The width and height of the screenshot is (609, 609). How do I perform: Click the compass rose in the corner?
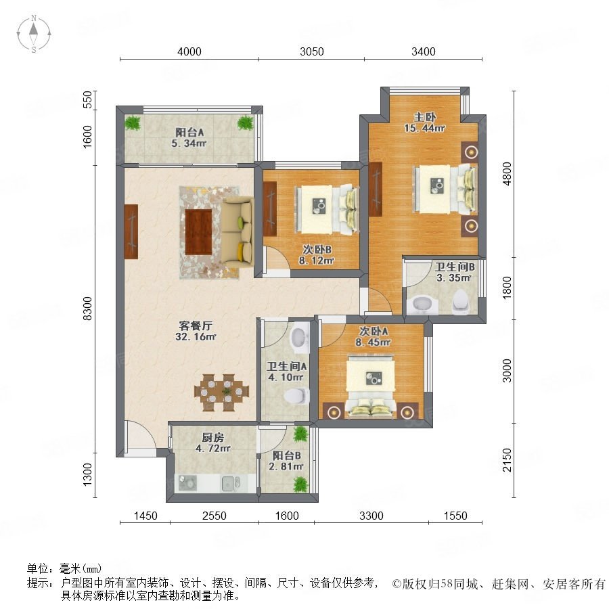34,33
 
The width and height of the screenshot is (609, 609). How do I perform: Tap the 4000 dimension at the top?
189,51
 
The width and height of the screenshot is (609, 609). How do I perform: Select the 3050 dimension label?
311,51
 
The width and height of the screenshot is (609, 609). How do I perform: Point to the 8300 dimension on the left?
88,309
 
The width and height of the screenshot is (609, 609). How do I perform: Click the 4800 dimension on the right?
507,174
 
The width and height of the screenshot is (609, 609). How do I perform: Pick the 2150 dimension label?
507,460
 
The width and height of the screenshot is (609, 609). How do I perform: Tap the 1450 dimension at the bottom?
145,516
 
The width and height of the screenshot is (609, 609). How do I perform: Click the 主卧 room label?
424,116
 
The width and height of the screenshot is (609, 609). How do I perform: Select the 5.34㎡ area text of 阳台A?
189,143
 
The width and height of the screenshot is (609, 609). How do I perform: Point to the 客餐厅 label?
196,325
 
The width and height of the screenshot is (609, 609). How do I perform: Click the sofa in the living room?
238,232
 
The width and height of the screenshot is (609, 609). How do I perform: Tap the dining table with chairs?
221,392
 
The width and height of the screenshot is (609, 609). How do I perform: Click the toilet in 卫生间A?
297,396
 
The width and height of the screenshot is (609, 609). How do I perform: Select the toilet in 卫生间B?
460,301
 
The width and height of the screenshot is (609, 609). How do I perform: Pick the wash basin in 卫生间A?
298,337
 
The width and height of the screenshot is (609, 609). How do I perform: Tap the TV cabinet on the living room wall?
131,231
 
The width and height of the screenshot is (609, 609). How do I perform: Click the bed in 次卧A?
371,388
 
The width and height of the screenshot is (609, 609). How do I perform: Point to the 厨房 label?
213,437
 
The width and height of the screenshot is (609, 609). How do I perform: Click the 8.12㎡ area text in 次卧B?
316,261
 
